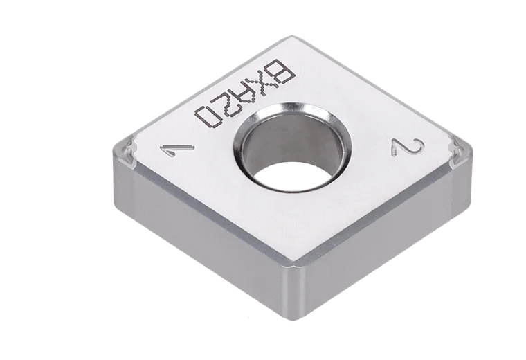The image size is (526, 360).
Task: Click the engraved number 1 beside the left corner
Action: pos(176,150)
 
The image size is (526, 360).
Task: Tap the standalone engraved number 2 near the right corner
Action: pos(408,147)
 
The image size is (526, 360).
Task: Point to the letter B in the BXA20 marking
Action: pos(274,72)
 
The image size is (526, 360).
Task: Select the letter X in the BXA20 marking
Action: pos(255,89)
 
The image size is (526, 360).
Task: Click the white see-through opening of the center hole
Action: pos(291,174)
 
